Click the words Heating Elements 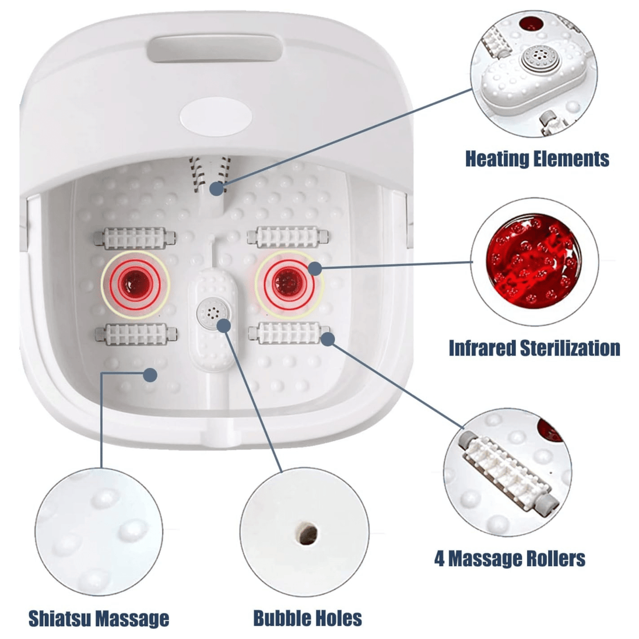pos(537,159)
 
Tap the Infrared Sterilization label pos(534,349)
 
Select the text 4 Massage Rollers pos(510,559)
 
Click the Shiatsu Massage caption pos(99,619)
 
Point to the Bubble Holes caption pos(308,618)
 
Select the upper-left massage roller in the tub pos(135,238)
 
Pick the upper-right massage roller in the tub pos(287,237)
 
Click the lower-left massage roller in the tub pos(136,334)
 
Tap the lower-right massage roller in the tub pos(289,332)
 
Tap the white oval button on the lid pos(216,117)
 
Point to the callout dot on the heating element pos(217,188)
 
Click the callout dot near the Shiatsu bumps pos(150,375)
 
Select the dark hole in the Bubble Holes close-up pos(307,533)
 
